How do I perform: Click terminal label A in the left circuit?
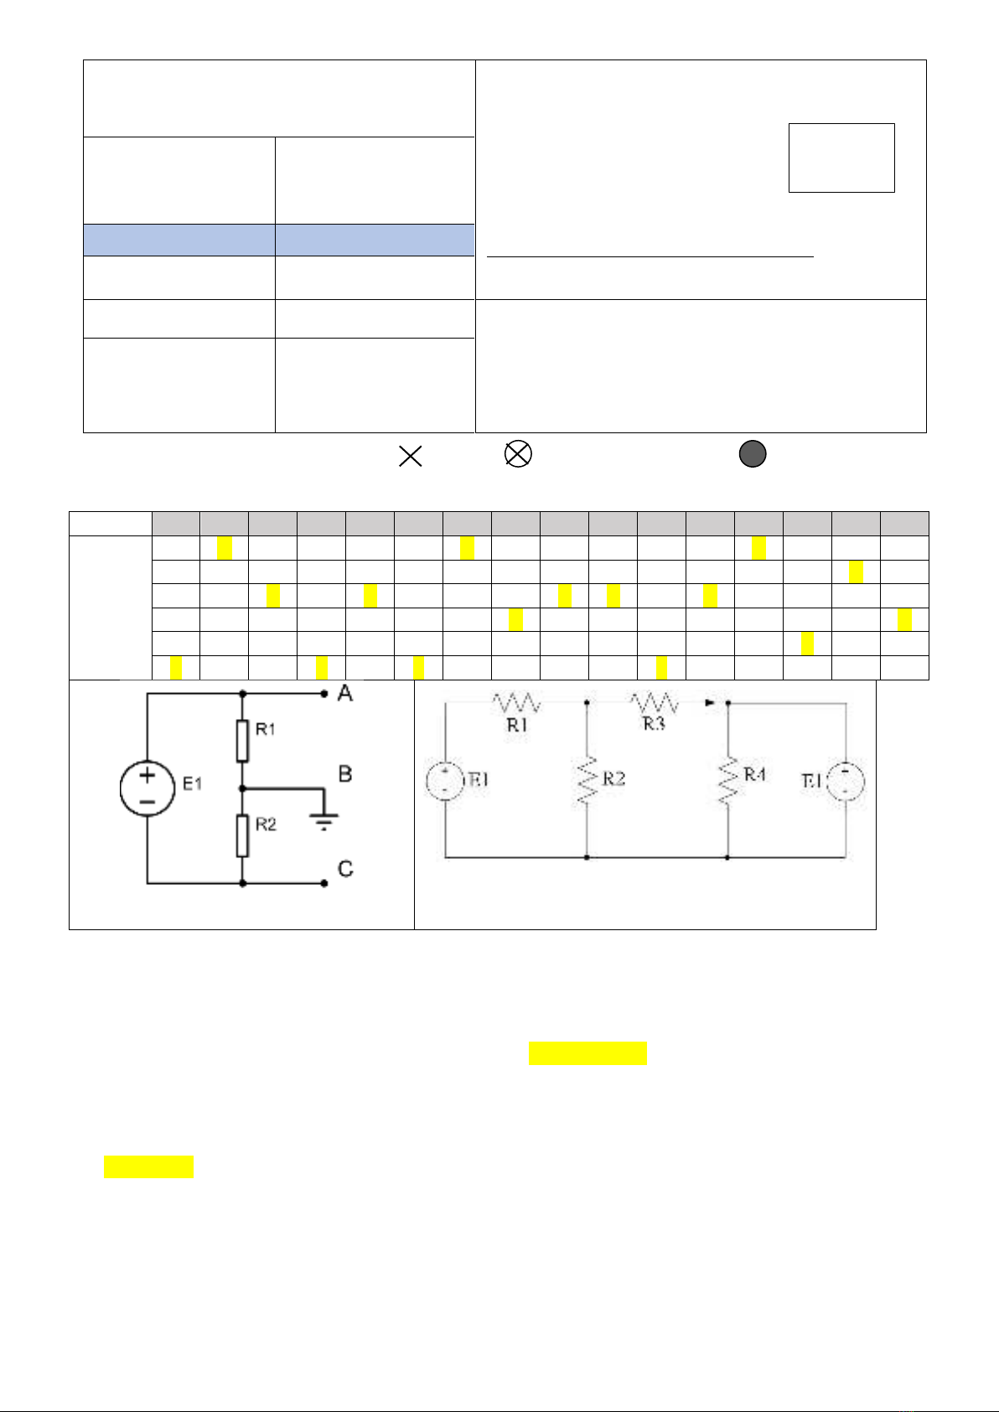344,694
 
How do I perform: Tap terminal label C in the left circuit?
345,869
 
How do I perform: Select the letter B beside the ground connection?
344,773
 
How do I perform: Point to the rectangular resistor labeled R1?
242,739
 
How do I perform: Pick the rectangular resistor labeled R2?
242,835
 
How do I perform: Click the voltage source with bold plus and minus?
148,789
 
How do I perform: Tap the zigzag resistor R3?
655,702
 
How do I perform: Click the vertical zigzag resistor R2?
587,781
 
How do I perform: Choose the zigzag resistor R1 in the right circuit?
516,702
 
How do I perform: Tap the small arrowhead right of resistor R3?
710,704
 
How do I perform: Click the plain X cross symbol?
411,456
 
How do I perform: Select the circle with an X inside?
518,454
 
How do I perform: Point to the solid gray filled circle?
753,454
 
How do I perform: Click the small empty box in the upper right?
841,158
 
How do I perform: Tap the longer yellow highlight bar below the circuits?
587,1053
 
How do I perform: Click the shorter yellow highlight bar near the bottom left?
148,1166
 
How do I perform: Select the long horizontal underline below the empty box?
650,256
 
